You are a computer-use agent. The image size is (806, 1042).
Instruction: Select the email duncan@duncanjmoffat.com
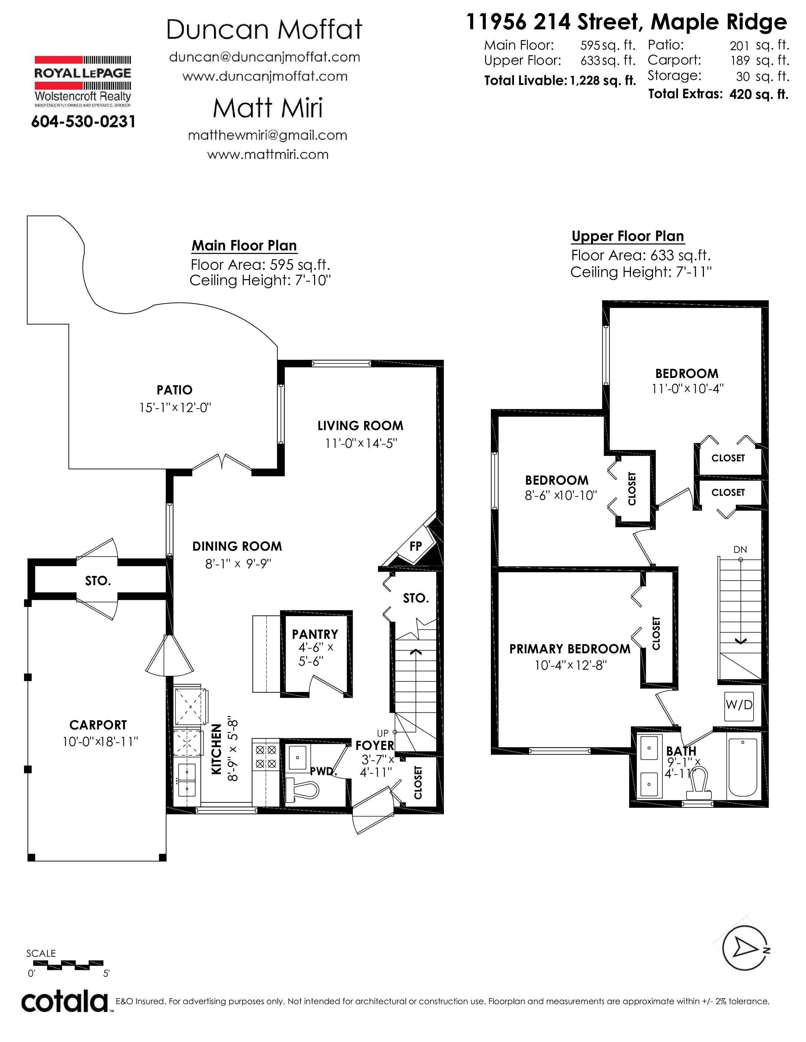point(265,57)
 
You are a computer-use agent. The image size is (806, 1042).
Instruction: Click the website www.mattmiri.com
point(268,155)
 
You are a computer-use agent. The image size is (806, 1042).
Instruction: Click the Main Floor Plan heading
point(244,245)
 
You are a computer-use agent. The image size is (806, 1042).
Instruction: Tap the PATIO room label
point(175,390)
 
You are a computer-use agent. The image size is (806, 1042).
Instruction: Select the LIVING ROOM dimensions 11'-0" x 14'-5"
point(361,443)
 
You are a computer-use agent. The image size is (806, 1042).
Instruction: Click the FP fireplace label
point(415,546)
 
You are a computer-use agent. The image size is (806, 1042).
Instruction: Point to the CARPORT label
point(98,725)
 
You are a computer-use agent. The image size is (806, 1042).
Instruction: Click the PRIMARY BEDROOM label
point(570,649)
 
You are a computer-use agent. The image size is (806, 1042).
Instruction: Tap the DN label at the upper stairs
point(740,550)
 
